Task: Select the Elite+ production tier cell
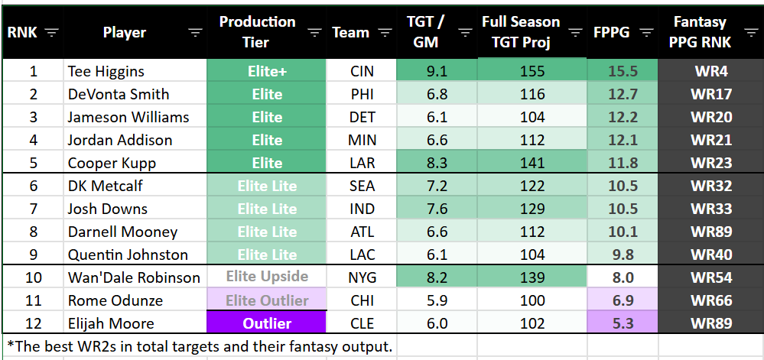(x=267, y=71)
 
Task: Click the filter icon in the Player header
(x=196, y=33)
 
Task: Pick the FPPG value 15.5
(x=623, y=71)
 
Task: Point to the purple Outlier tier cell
(x=267, y=323)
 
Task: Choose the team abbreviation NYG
(x=362, y=277)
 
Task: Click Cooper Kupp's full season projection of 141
(x=532, y=163)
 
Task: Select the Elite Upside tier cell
(x=267, y=277)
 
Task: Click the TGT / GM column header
(x=425, y=32)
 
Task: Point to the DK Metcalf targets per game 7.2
(x=437, y=186)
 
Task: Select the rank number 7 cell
(x=33, y=209)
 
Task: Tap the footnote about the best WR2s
(x=198, y=346)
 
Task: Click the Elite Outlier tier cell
(x=267, y=300)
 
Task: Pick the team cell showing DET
(x=362, y=117)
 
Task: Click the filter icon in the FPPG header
(x=646, y=33)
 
